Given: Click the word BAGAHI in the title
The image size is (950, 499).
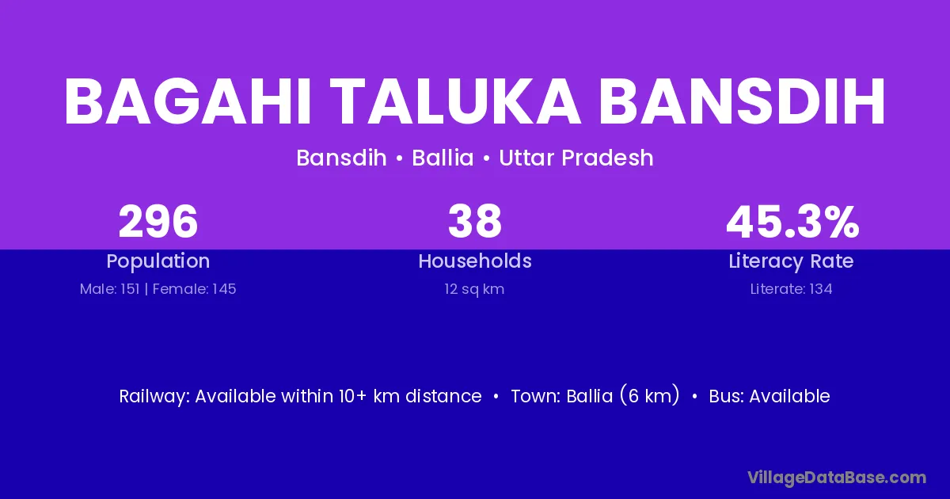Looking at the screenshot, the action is pyautogui.click(x=188, y=102).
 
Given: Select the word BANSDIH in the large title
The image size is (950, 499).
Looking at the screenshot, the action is pyautogui.click(x=742, y=102).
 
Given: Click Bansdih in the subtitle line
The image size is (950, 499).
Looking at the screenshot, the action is pyautogui.click(x=341, y=158).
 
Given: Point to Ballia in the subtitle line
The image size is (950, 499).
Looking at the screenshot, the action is pyautogui.click(x=443, y=158).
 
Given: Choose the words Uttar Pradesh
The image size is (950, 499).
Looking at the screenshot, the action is pyautogui.click(x=576, y=158).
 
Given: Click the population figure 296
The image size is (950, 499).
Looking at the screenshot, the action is pyautogui.click(x=158, y=222).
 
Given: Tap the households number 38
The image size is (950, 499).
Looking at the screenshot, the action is pyautogui.click(x=475, y=222).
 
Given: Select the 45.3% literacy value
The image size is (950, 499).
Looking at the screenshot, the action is pyautogui.click(x=792, y=222).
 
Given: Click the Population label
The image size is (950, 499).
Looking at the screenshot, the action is pyautogui.click(x=158, y=261).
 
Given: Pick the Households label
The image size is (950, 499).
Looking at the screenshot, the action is pyautogui.click(x=475, y=261).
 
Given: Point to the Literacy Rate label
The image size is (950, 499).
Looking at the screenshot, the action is pyautogui.click(x=791, y=261).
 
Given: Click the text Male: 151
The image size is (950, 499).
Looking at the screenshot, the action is pyautogui.click(x=110, y=289).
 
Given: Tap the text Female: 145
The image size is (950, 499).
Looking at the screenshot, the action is pyautogui.click(x=194, y=289).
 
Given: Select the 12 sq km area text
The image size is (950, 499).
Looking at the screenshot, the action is pyautogui.click(x=474, y=289).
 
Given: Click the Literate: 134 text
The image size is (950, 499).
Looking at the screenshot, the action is pyautogui.click(x=792, y=289).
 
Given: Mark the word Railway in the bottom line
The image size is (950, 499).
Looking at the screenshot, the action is pyautogui.click(x=154, y=396).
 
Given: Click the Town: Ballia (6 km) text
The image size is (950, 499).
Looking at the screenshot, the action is pyautogui.click(x=595, y=395).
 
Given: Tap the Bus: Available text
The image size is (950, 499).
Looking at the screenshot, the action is pyautogui.click(x=769, y=396).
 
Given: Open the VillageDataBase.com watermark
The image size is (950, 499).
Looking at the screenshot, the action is pyautogui.click(x=837, y=478).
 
